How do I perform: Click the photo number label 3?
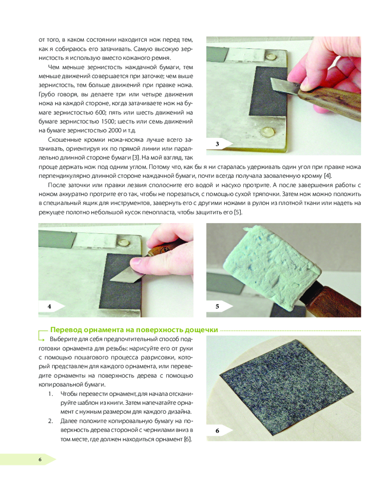[217, 144]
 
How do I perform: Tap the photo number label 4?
[49, 306]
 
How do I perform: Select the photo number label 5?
[217, 306]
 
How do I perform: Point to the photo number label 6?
[217, 431]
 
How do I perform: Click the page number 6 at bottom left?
[40, 459]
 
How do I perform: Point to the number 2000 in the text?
[115, 131]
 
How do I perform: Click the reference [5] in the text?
[238, 212]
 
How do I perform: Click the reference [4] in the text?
[328, 176]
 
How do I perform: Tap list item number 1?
[50, 394]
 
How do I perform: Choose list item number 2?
[50, 421]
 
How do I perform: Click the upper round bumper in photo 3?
[271, 57]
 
